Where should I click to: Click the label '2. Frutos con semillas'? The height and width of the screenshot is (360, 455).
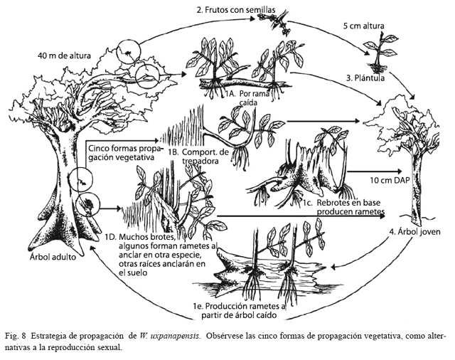click(x=235, y=10)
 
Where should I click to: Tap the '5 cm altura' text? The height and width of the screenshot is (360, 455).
click(x=363, y=26)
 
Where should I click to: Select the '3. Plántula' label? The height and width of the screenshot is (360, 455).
click(x=365, y=78)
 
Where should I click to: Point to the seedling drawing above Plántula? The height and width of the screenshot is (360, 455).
click(x=380, y=52)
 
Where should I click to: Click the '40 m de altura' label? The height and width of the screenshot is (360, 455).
click(x=64, y=55)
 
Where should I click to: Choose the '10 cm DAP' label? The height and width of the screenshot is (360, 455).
click(x=390, y=180)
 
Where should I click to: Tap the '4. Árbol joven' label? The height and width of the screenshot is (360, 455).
click(x=414, y=232)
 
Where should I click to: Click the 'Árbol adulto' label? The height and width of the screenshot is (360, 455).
click(x=53, y=257)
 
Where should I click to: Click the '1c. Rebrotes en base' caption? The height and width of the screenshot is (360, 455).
click(x=341, y=202)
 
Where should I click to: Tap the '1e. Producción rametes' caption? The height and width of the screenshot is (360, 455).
click(x=239, y=307)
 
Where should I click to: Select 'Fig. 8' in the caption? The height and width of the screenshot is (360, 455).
click(x=16, y=337)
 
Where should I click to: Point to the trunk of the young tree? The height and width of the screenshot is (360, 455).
click(x=416, y=189)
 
